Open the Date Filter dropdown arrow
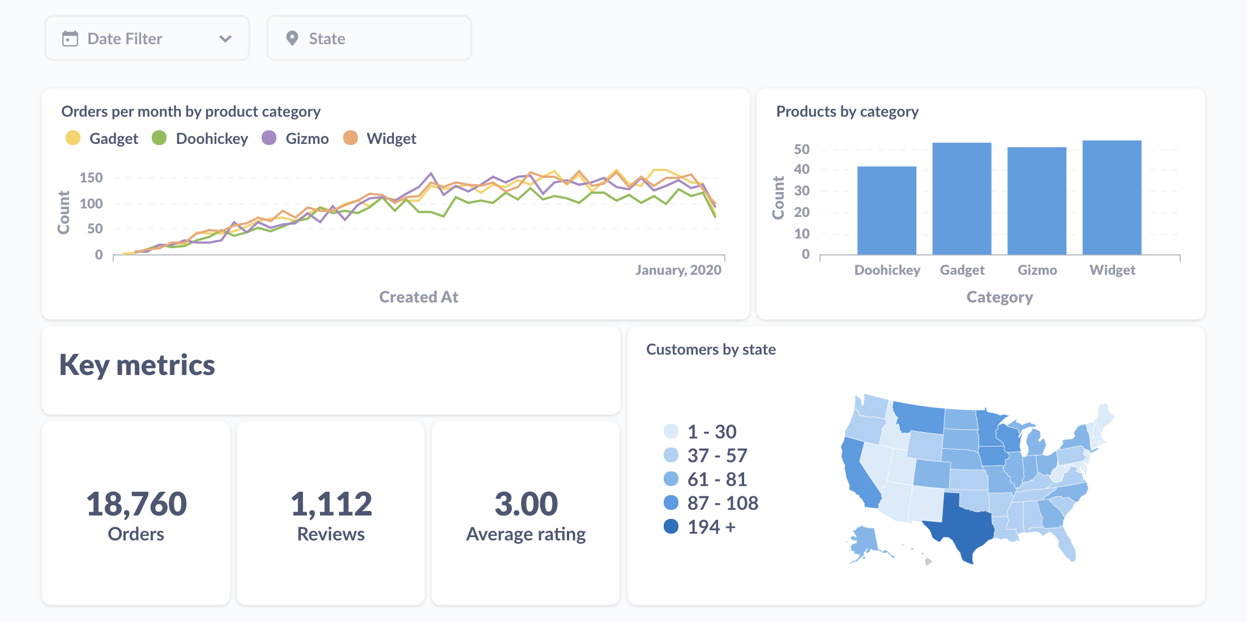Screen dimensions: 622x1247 [225, 39]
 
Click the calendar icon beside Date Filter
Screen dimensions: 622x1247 [70, 39]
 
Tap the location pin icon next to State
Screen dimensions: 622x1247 [292, 39]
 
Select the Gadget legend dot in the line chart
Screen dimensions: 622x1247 [73, 138]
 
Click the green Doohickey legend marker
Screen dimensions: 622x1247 [159, 138]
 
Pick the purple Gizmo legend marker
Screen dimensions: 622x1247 [269, 138]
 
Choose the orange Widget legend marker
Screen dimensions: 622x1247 [351, 138]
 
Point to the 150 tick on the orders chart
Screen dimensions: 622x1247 [91, 178]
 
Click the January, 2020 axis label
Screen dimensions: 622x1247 [678, 270]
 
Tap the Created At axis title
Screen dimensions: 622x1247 [418, 297]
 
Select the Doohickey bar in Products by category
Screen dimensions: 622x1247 [886, 210]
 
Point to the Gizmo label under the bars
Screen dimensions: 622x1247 [1037, 270]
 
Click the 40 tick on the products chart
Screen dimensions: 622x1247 [801, 169]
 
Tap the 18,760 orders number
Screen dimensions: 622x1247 [136, 504]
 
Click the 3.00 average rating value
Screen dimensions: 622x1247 [526, 504]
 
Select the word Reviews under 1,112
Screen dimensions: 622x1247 [331, 534]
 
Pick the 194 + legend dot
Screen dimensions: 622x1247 [671, 527]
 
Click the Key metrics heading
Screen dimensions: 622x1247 [137, 365]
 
